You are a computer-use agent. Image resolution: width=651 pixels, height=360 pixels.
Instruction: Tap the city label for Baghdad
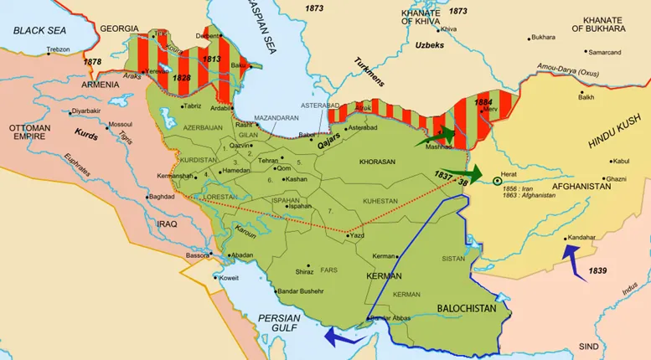(166, 197)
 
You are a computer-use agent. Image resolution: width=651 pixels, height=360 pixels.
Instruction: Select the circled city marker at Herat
(497, 180)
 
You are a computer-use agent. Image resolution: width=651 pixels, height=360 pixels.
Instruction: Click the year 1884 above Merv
(483, 103)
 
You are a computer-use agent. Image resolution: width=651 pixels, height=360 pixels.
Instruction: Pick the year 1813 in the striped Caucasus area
(211, 60)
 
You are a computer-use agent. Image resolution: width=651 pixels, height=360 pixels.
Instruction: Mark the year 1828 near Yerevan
(181, 77)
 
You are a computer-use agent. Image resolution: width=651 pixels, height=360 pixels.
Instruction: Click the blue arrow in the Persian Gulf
(342, 336)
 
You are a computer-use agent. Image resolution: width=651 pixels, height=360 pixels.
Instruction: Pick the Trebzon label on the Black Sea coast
(59, 50)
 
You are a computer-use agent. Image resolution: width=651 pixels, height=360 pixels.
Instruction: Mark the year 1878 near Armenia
(92, 62)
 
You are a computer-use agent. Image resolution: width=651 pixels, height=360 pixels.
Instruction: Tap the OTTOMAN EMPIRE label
(30, 135)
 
